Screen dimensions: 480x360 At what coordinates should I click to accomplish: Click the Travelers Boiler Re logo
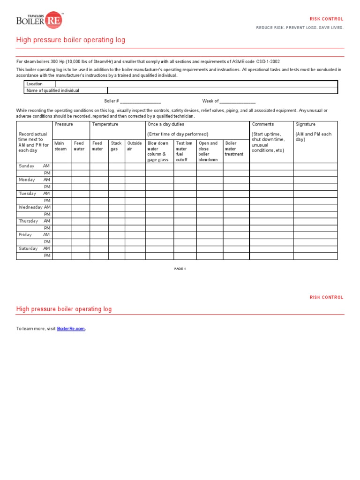(x=39, y=20)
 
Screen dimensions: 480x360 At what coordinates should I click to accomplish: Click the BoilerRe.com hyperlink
(x=71, y=329)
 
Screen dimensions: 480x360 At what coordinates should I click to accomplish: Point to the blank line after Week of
(x=238, y=101)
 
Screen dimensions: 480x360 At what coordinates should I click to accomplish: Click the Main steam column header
(x=61, y=146)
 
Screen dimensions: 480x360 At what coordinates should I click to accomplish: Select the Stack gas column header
(x=116, y=146)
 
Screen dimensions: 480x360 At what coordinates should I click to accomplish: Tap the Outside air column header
(x=135, y=146)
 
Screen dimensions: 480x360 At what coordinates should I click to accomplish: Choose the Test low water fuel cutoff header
(x=184, y=151)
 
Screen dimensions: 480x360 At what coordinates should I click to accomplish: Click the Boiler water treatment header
(x=234, y=149)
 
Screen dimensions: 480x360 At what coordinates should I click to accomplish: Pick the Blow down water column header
(x=158, y=151)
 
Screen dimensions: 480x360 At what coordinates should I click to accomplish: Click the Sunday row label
(x=27, y=166)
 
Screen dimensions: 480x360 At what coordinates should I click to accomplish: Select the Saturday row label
(x=28, y=248)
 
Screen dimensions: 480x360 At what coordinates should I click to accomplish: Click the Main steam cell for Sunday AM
(x=62, y=166)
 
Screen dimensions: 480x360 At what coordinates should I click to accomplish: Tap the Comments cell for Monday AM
(x=271, y=180)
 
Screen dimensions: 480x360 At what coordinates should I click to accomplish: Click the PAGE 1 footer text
(x=180, y=269)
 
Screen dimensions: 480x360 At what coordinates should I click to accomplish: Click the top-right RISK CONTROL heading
(x=326, y=19)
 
